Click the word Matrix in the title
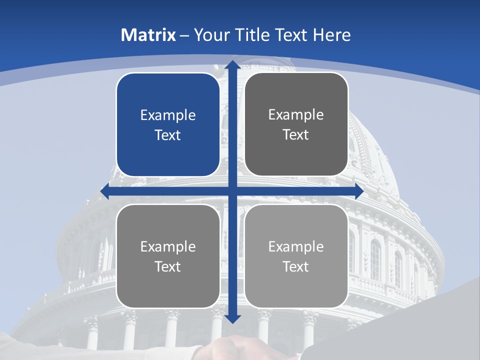[148, 35]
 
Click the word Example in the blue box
[168, 115]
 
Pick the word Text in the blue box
[168, 135]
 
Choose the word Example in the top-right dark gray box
[296, 114]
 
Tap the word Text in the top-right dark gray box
[296, 134]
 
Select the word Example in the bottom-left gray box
[168, 246]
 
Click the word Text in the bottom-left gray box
[168, 266]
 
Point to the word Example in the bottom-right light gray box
[296, 246]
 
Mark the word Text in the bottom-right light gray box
[296, 266]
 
